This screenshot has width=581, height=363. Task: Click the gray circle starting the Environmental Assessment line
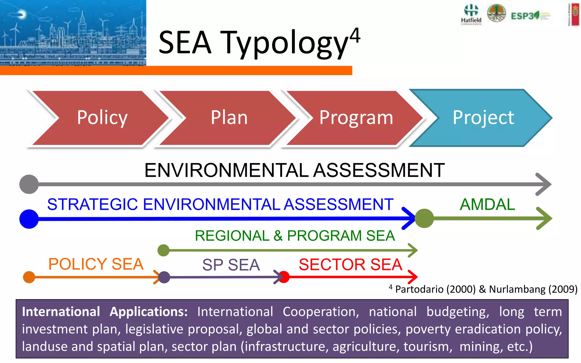29,184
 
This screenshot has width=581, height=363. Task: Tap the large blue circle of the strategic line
29,219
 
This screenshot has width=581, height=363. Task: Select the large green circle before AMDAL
424,218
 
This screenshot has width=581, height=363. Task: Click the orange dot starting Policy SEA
29,277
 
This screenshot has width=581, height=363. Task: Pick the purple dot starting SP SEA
164,277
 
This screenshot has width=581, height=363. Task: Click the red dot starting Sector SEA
284,277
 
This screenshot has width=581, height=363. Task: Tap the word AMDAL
487,204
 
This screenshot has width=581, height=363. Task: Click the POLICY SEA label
96,264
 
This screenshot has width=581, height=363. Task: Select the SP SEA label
231,265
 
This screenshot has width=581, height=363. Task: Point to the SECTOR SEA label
350,265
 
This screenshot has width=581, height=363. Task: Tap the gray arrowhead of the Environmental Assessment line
544,184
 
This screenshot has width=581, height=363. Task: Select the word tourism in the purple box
428,347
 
